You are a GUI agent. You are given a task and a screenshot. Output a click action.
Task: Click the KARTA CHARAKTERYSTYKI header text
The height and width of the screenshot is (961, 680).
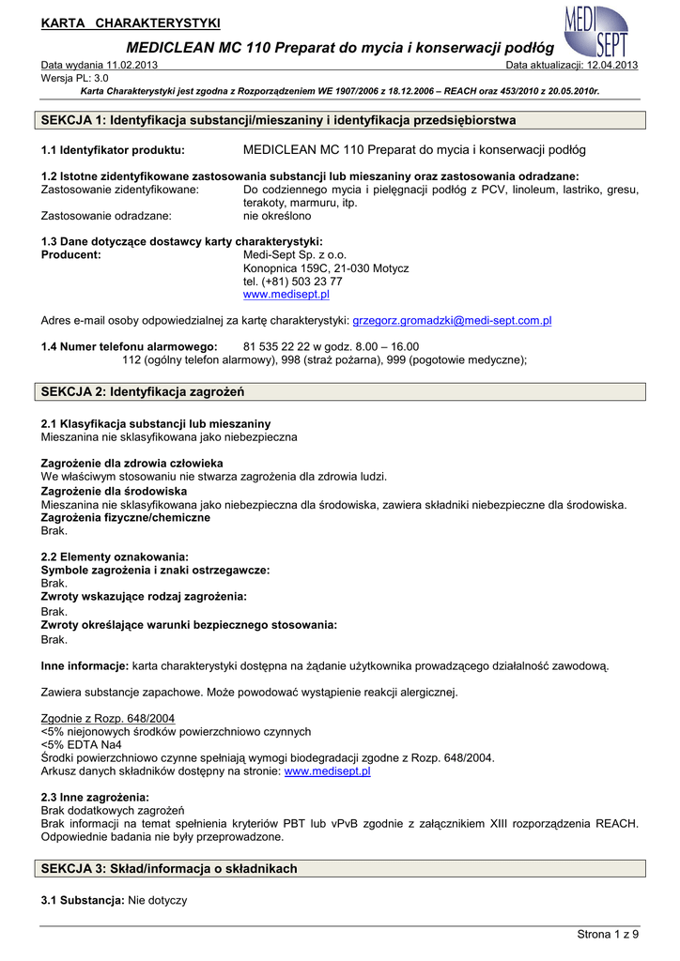(131, 22)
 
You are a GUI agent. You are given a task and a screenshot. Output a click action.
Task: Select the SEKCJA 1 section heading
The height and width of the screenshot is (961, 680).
(279, 121)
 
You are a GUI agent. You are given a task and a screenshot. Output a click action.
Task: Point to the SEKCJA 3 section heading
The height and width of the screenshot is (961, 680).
(169, 869)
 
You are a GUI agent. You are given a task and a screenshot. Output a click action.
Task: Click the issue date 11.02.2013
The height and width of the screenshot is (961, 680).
(132, 65)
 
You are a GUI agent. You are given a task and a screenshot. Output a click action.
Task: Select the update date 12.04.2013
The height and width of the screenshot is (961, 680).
(612, 65)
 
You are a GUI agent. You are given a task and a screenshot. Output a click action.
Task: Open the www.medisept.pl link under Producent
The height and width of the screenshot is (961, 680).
(286, 294)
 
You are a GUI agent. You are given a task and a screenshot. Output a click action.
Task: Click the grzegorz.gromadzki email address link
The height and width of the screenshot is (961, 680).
(452, 320)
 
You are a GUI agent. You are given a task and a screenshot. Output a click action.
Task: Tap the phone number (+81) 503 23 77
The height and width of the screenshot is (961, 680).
(292, 281)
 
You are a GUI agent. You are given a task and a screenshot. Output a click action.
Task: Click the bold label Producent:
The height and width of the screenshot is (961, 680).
(71, 254)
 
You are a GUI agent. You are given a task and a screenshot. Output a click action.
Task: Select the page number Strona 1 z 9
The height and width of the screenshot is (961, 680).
(608, 934)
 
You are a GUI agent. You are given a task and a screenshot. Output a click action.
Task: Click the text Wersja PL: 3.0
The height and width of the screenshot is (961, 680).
(75, 78)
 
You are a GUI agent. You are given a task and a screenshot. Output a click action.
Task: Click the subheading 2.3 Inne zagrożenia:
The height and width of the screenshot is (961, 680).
(95, 797)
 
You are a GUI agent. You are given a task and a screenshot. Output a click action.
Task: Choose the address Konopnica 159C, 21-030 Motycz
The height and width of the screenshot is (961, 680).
(326, 267)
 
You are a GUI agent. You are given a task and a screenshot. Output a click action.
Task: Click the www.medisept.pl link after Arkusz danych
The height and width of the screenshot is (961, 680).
(327, 770)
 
